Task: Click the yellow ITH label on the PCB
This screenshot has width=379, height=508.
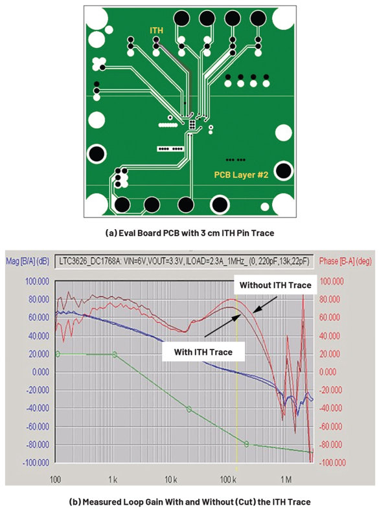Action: (x=156, y=30)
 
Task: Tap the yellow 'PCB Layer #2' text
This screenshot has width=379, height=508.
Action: (x=241, y=175)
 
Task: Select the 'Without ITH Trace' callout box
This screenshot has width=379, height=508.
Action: (x=275, y=285)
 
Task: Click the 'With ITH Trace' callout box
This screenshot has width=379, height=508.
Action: (x=203, y=352)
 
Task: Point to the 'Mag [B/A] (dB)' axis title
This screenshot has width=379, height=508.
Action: (x=28, y=261)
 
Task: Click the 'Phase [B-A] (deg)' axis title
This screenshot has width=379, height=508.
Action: (x=345, y=261)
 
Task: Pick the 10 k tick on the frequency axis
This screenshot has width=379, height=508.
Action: (x=170, y=479)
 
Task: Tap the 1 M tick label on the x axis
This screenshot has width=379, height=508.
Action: (x=286, y=479)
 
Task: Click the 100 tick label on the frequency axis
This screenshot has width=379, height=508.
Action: (x=56, y=479)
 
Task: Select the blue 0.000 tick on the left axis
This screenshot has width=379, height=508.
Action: (x=41, y=371)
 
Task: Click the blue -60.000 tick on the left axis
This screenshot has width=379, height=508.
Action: (x=38, y=426)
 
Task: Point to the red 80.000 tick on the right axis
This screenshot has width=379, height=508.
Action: (x=330, y=299)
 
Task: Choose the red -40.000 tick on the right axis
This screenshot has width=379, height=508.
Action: (x=330, y=408)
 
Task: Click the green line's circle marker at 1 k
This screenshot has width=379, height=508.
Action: (x=114, y=355)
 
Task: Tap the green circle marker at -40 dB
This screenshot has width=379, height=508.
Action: (x=189, y=410)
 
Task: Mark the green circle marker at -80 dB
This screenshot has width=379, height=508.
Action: (x=246, y=444)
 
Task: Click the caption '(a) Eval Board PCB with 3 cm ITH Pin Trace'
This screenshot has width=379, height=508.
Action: (x=190, y=233)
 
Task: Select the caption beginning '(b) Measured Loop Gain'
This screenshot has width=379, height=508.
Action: (x=190, y=502)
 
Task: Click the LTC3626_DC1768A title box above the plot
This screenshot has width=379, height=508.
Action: (x=185, y=261)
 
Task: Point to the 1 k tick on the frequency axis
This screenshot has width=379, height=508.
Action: (x=113, y=479)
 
